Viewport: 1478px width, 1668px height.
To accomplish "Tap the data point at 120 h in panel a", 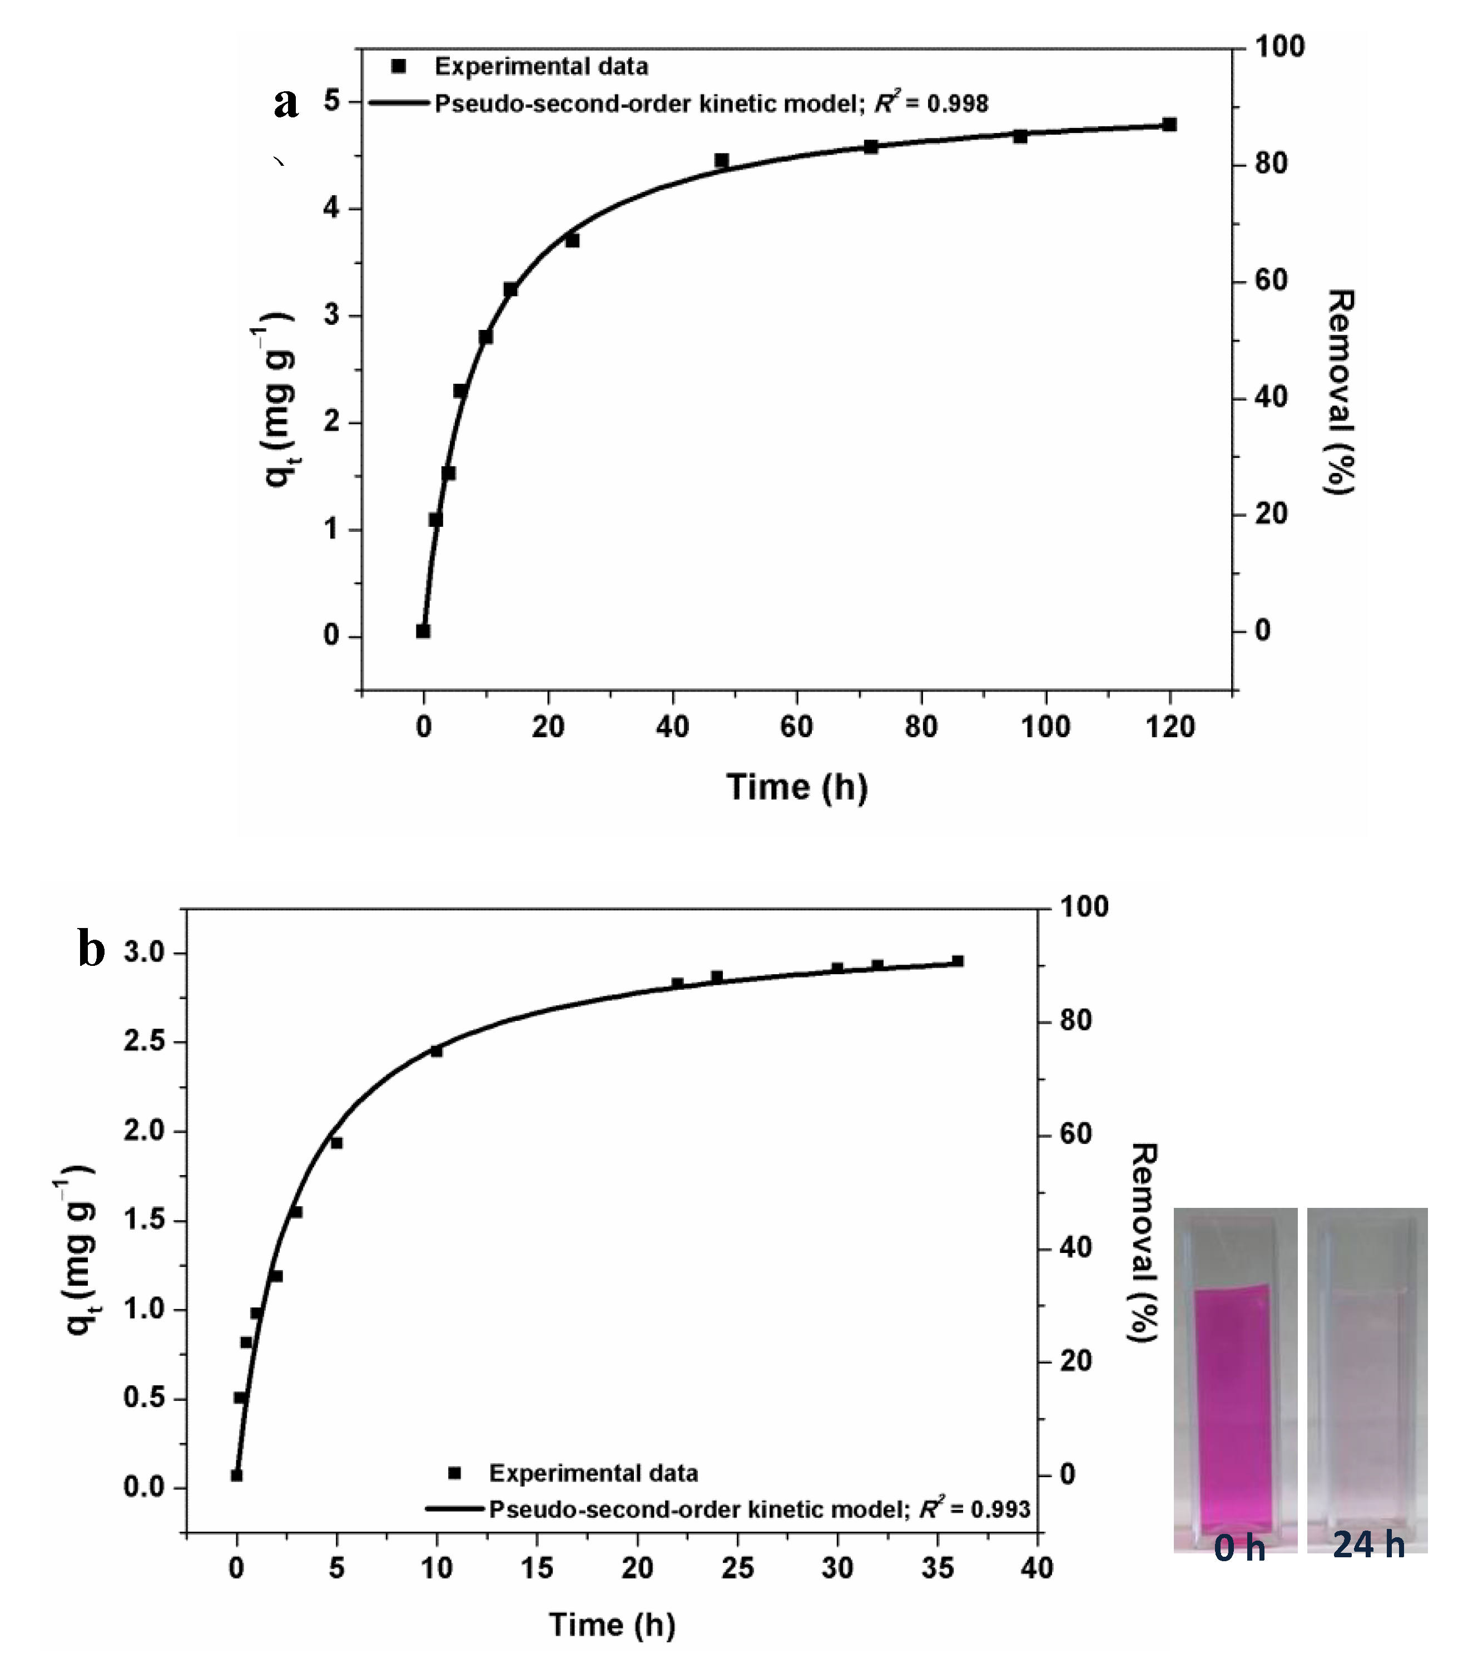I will (1169, 125).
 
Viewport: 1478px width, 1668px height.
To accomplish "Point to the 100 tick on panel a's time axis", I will (1045, 726).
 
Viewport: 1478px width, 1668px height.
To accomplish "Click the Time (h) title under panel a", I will (797, 787).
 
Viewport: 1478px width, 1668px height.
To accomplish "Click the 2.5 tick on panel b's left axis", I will (143, 1042).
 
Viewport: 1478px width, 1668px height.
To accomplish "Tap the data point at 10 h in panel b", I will (437, 1051).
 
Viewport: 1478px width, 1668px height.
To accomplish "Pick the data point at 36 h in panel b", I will (958, 961).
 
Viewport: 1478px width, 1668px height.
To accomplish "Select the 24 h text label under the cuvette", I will (1368, 1545).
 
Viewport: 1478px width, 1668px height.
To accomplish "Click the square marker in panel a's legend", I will (398, 67).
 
